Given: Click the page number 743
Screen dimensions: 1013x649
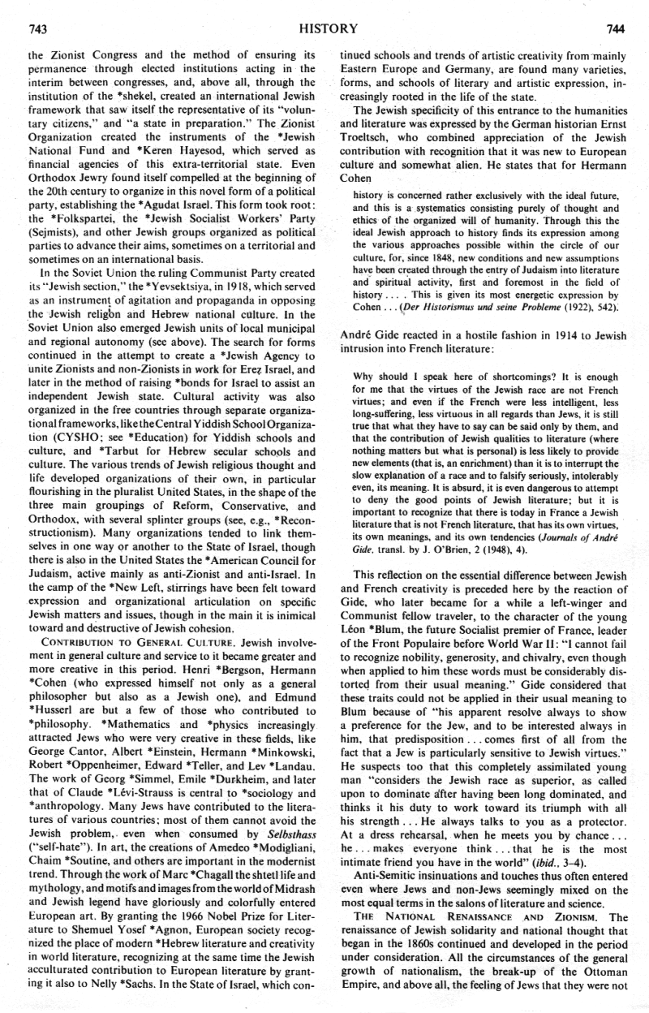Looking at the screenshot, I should pyautogui.click(x=37, y=29).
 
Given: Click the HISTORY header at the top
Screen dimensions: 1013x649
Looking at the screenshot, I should pyautogui.click(x=328, y=28).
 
